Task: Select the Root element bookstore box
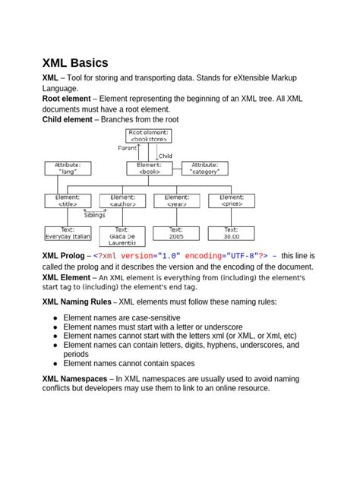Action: coord(148,136)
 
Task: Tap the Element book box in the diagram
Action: coord(148,168)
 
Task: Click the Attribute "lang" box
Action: coord(68,168)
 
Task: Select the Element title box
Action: coord(68,201)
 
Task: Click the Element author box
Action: coord(123,201)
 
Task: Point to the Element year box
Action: coord(176,201)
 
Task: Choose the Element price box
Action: coord(232,201)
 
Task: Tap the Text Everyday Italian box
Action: coord(68,233)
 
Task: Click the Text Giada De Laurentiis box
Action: coord(122,236)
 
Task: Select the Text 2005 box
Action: coord(176,233)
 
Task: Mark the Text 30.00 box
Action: coord(232,233)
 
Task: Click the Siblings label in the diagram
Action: coord(95,215)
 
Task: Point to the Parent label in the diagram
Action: coord(128,148)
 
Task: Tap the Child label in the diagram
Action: coord(166,156)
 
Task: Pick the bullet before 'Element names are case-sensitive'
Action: coord(55,317)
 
